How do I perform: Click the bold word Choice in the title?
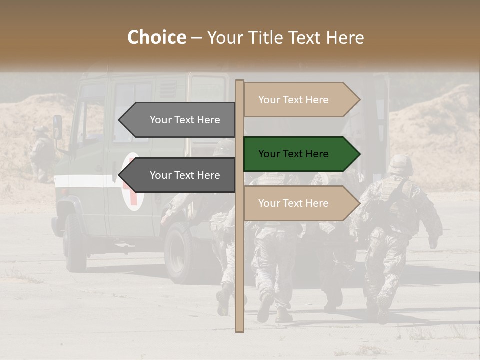pyautogui.click(x=156, y=38)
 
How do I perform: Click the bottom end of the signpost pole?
pyautogui.click(x=239, y=329)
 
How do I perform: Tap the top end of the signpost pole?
pyautogui.click(x=239, y=82)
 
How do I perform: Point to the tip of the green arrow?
pyautogui.click(x=359, y=154)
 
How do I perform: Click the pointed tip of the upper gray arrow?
pyautogui.click(x=120, y=120)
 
